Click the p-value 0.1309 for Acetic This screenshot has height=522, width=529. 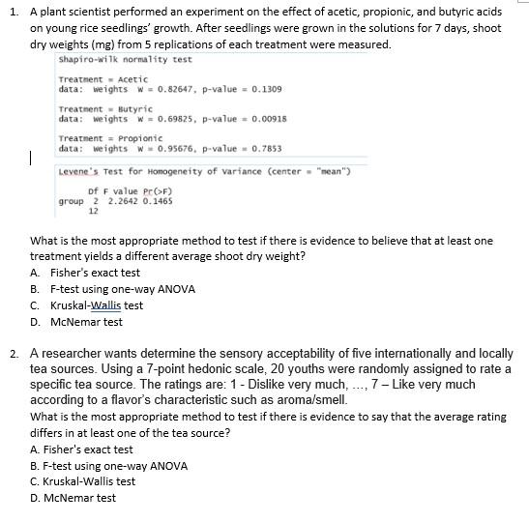[266, 89]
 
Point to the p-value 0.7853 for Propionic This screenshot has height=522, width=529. [266, 149]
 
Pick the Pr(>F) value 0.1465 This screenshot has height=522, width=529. [158, 201]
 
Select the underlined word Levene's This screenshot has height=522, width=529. [79, 171]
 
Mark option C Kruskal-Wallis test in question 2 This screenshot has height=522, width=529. [83, 481]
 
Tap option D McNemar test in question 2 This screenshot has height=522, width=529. [73, 498]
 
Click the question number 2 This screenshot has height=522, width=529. [13, 355]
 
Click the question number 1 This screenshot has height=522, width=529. [13, 11]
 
